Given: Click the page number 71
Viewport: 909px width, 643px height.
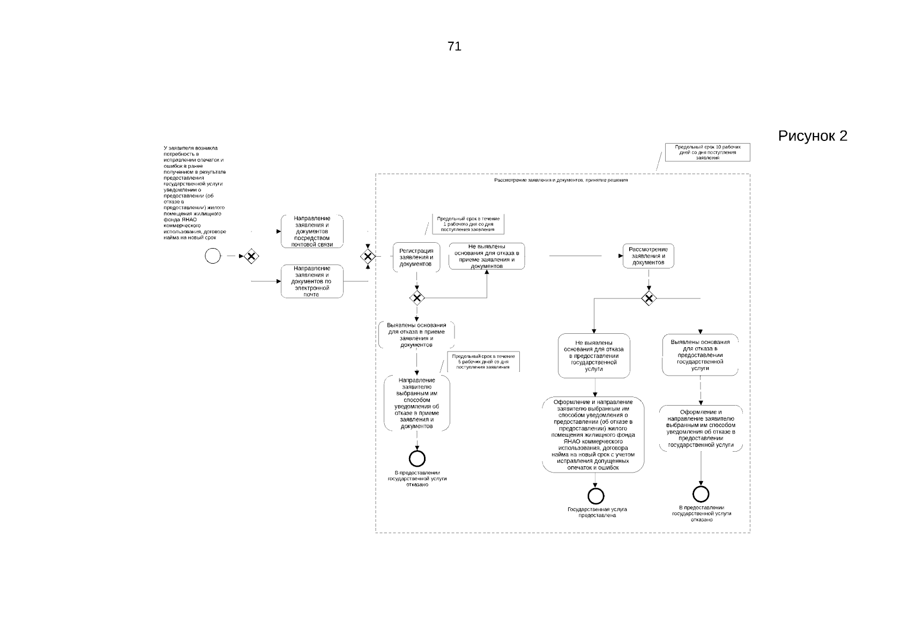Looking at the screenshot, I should [x=454, y=47].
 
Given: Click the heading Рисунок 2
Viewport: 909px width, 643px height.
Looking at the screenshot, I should [x=812, y=136].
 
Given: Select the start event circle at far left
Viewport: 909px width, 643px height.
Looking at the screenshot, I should [x=213, y=256].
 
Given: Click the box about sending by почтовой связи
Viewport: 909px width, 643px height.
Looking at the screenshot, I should [x=312, y=231].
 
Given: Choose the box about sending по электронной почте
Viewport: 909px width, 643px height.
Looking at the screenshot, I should [x=311, y=281].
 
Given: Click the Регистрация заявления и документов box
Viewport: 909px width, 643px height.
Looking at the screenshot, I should [x=416, y=257].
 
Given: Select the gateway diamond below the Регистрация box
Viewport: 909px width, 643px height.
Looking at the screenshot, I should [x=416, y=298].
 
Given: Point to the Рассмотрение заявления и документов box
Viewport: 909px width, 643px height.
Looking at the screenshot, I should [x=648, y=256].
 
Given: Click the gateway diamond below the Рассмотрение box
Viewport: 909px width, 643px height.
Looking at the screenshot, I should [x=649, y=298].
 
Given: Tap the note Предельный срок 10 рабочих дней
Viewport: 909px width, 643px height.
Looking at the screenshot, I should [x=707, y=152].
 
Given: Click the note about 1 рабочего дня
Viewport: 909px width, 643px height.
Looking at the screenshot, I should [x=468, y=224].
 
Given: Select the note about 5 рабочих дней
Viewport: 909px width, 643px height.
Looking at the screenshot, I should [x=483, y=362].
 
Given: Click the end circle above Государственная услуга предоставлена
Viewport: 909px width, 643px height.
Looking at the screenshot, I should [x=595, y=496].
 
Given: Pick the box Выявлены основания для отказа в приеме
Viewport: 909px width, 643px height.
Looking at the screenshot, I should [x=416, y=335].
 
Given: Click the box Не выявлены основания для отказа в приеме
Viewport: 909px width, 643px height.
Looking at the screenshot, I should [x=487, y=256].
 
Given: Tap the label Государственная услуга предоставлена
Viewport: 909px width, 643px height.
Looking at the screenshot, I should [x=597, y=512].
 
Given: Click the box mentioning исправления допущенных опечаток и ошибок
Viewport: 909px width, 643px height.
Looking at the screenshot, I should [x=593, y=435].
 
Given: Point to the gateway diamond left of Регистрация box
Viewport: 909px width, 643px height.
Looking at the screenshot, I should [x=368, y=256].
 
